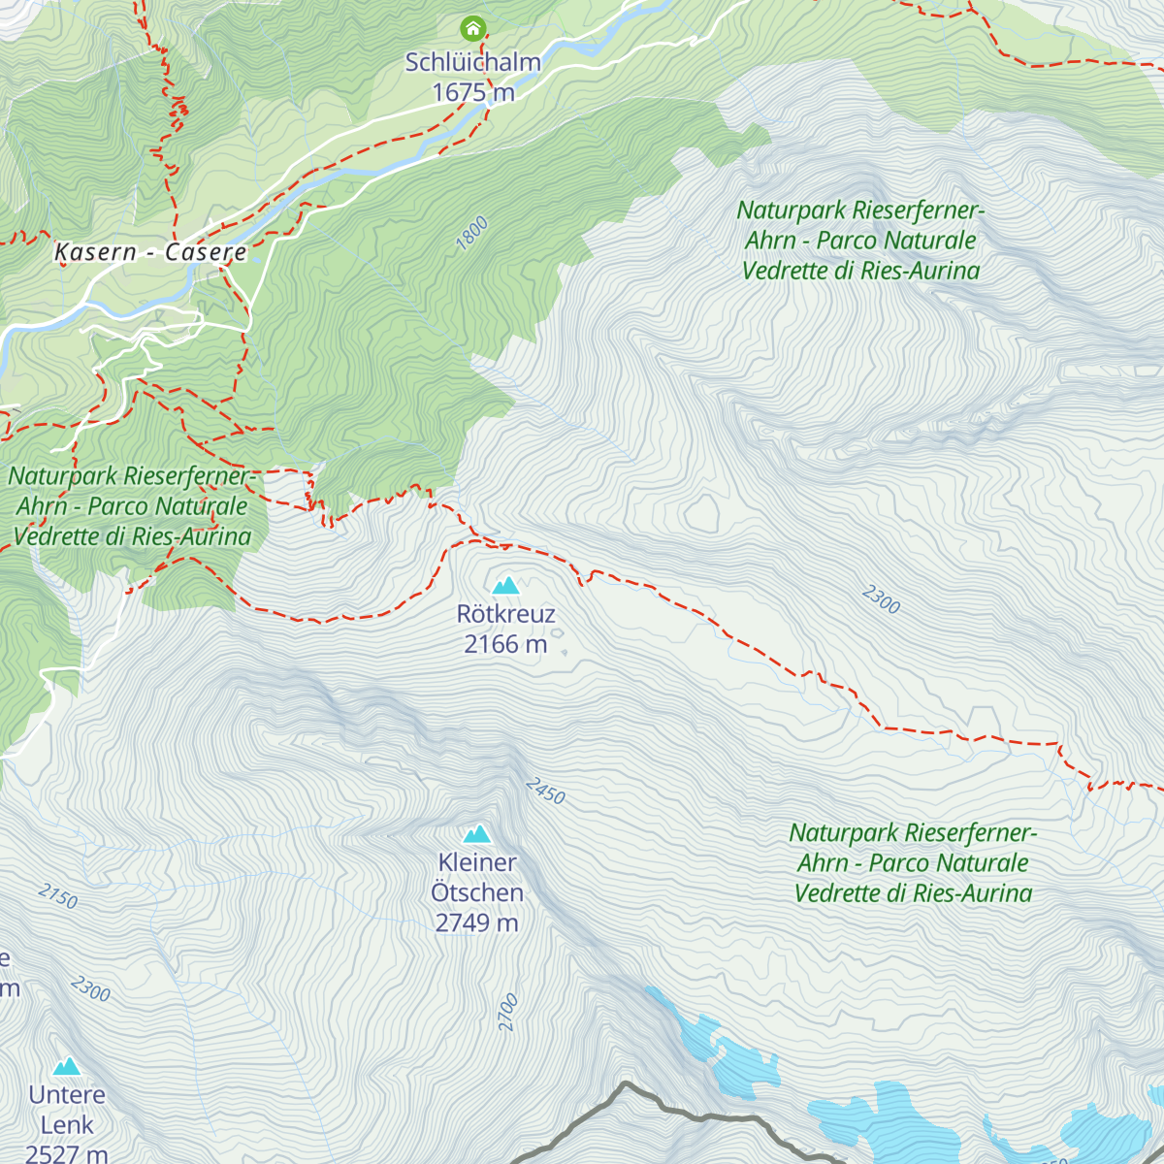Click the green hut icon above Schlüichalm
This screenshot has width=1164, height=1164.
(x=472, y=27)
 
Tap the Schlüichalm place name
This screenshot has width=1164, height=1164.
(x=472, y=62)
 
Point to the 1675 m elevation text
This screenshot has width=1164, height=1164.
(x=472, y=92)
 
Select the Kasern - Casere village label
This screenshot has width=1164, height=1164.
(x=150, y=252)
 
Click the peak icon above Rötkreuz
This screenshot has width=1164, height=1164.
(x=505, y=585)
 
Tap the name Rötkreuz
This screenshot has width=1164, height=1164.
(x=505, y=614)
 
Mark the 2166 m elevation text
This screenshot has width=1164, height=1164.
(x=505, y=644)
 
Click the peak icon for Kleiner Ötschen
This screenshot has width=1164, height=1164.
(x=476, y=834)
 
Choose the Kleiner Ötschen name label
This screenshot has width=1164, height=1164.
(x=476, y=877)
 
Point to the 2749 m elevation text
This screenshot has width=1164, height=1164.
(x=476, y=922)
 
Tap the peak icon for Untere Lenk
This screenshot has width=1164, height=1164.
(x=67, y=1067)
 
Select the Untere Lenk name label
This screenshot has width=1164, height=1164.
(x=67, y=1110)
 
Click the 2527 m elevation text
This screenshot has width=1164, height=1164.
(x=67, y=1153)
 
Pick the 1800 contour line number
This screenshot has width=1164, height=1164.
(x=472, y=234)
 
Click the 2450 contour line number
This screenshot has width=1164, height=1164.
(x=545, y=791)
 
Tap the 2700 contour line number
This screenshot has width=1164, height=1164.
(x=508, y=1012)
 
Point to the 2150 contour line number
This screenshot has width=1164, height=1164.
(x=58, y=895)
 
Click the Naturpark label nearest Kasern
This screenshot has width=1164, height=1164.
(x=131, y=506)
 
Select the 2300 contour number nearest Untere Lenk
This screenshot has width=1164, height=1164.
(x=90, y=988)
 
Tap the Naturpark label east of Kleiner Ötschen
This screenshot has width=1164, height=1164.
(x=913, y=862)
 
